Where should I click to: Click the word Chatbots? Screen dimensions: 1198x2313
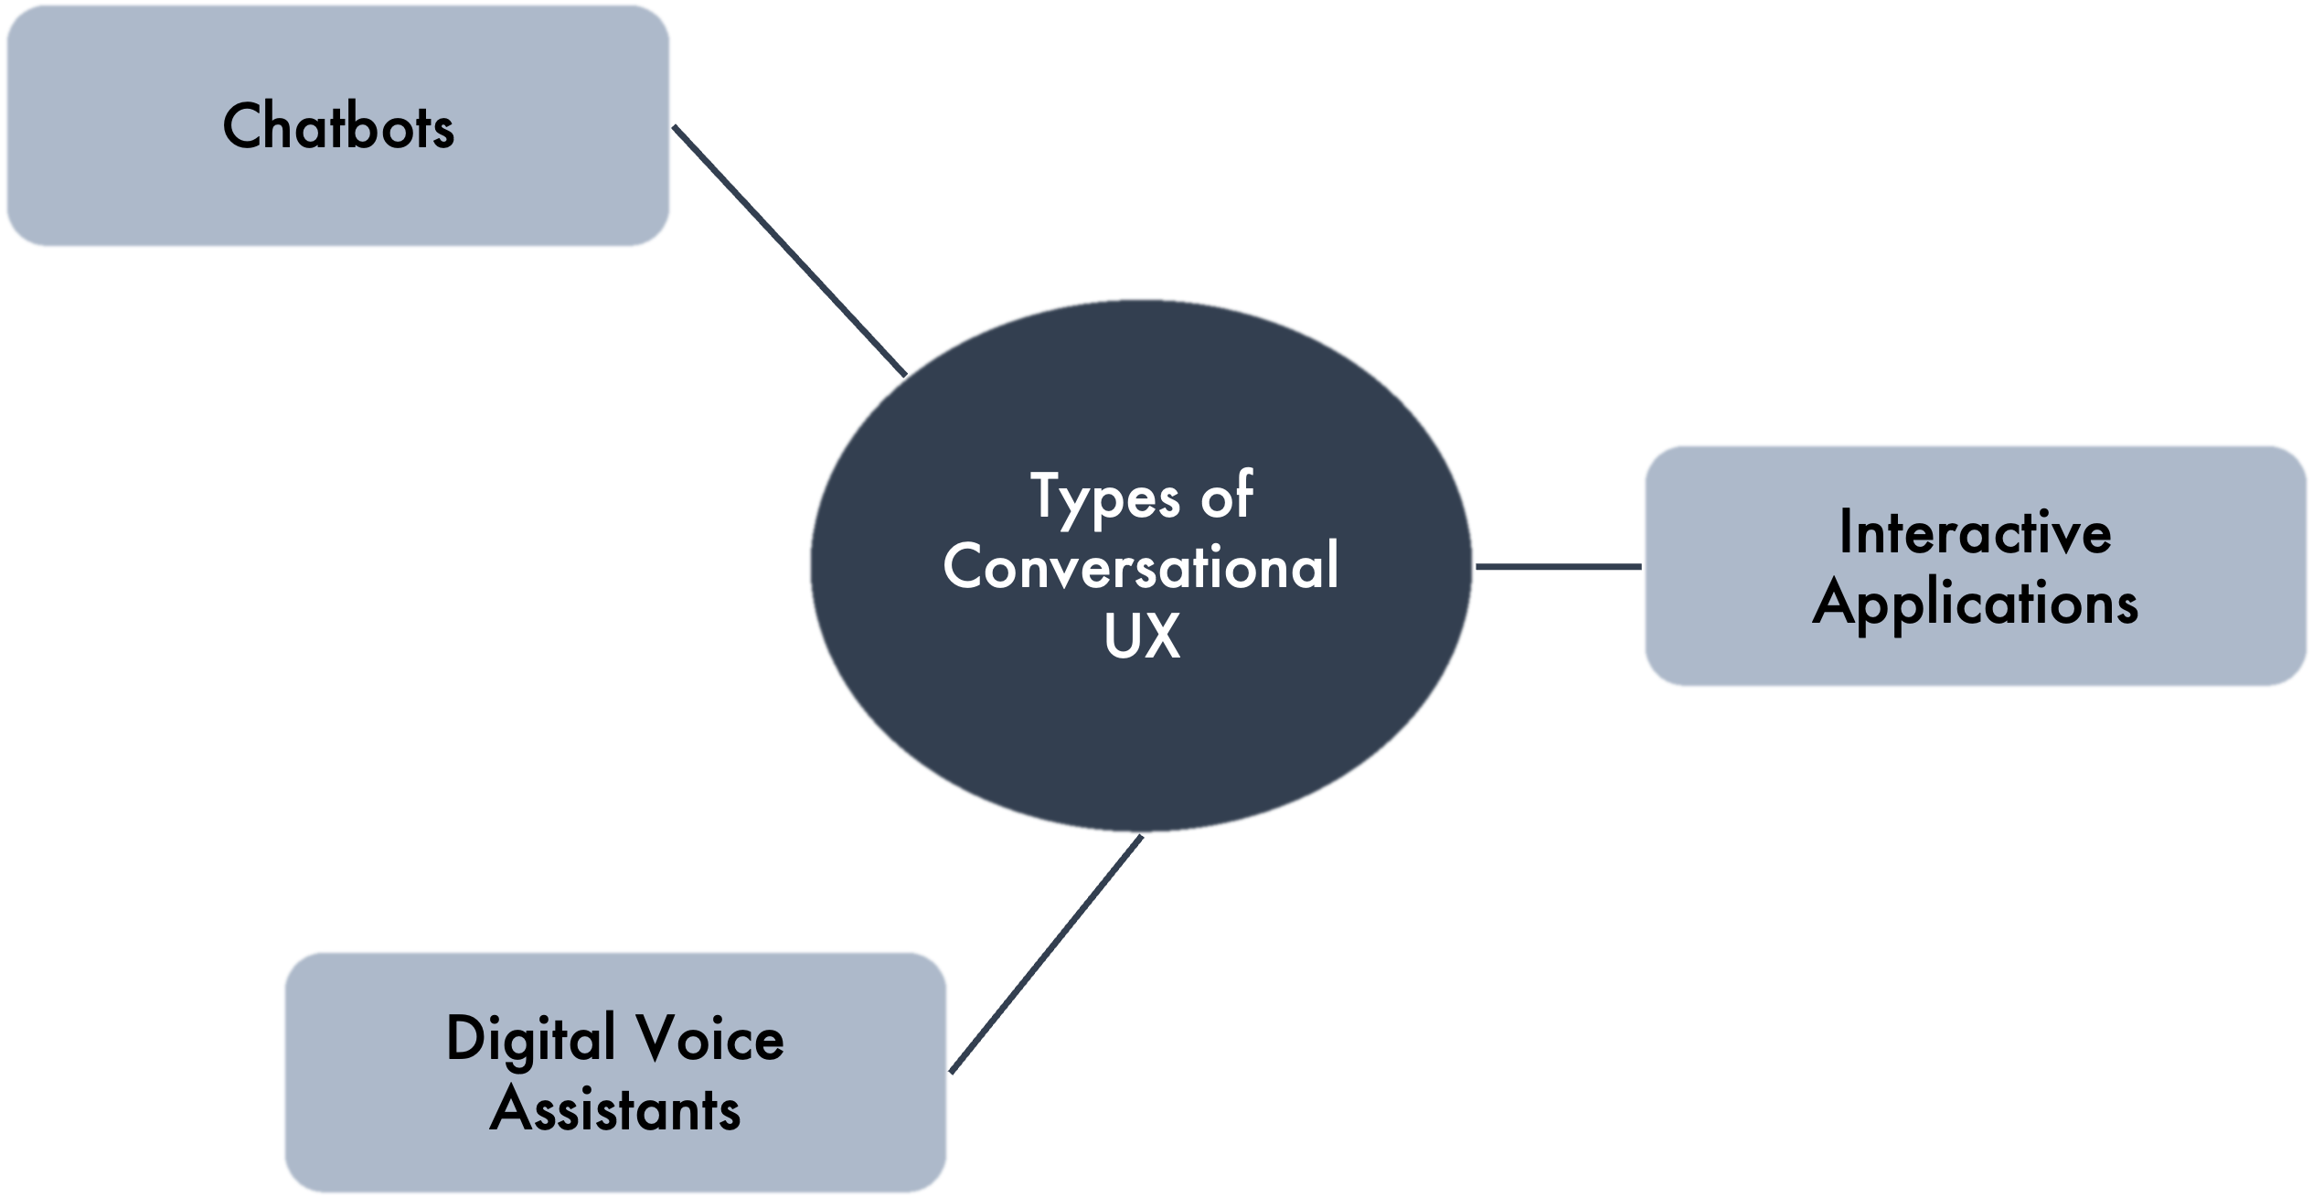[x=338, y=126]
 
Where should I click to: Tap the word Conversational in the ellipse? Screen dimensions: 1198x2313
[x=1141, y=566]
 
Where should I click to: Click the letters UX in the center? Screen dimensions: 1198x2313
[x=1142, y=635]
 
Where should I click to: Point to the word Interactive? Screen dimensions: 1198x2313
[x=1975, y=532]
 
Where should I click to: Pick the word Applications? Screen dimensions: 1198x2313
[x=1975, y=604]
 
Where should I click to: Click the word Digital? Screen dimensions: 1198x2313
[x=530, y=1041]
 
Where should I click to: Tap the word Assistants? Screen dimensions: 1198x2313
[x=615, y=1109]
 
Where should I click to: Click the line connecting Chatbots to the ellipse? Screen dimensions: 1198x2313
[x=788, y=250]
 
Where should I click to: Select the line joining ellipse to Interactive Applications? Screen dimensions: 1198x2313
[x=1558, y=567]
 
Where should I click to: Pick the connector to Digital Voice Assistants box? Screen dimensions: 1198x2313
[x=1047, y=954]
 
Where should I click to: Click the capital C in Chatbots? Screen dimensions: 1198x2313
[x=242, y=126]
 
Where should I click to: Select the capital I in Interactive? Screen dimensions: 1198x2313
[x=1846, y=532]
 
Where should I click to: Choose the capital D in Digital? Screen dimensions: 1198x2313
[x=466, y=1039]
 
